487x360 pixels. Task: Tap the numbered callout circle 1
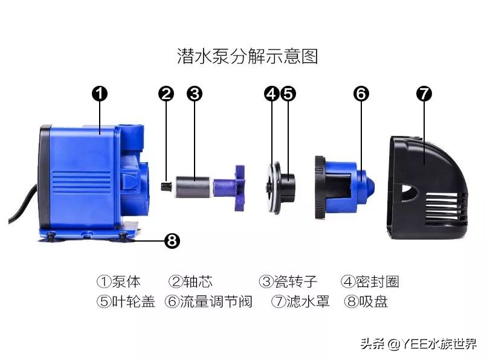coord(100,94)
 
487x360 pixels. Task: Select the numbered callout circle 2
coord(166,94)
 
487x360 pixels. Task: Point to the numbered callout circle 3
coord(194,94)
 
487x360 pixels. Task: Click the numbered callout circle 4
coord(271,94)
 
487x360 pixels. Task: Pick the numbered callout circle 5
coord(288,94)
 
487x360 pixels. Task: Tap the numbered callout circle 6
coord(361,94)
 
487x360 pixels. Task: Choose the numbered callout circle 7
coord(424,94)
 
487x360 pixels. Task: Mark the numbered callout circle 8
coord(172,241)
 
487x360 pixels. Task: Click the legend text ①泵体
coord(118,281)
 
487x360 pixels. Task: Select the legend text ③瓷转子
coord(288,281)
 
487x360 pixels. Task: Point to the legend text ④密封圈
coord(370,281)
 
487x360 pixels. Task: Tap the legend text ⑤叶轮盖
coord(126,301)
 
